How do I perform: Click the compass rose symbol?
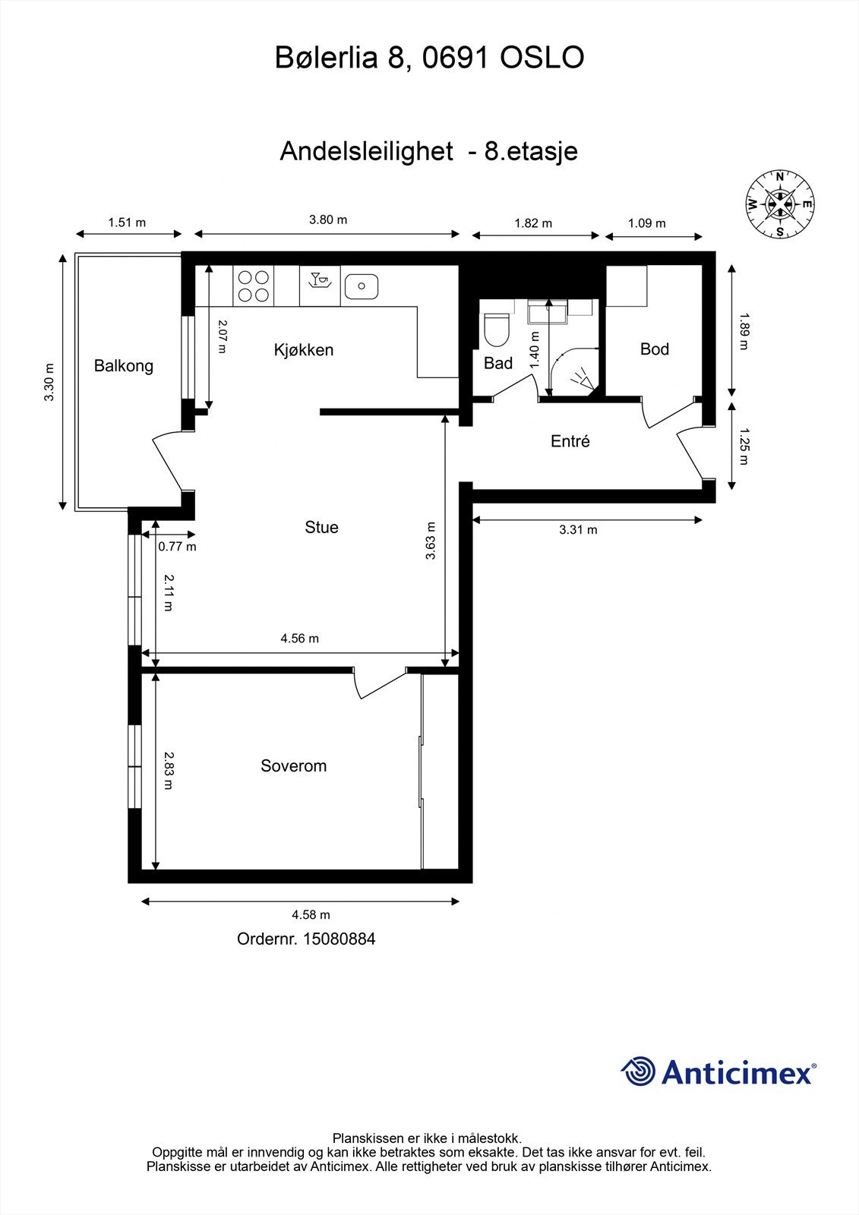point(780,204)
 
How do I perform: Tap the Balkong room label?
point(124,366)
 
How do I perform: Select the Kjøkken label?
point(303,350)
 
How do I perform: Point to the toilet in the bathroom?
point(497,329)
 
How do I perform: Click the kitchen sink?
point(361,286)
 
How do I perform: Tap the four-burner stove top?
point(254,286)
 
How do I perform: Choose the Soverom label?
point(294,766)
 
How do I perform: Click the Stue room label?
point(322,527)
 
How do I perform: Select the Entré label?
point(570,441)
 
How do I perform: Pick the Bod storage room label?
point(655,349)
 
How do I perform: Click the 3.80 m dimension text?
point(328,219)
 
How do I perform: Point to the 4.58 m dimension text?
point(311,914)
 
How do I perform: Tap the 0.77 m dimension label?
point(178,546)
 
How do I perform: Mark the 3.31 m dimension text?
point(579,529)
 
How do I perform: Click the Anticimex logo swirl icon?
point(638,1071)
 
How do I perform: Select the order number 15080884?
point(339,939)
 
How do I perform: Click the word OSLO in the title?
point(542,58)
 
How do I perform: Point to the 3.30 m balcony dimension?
point(49,382)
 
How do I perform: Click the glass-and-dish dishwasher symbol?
point(320,280)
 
